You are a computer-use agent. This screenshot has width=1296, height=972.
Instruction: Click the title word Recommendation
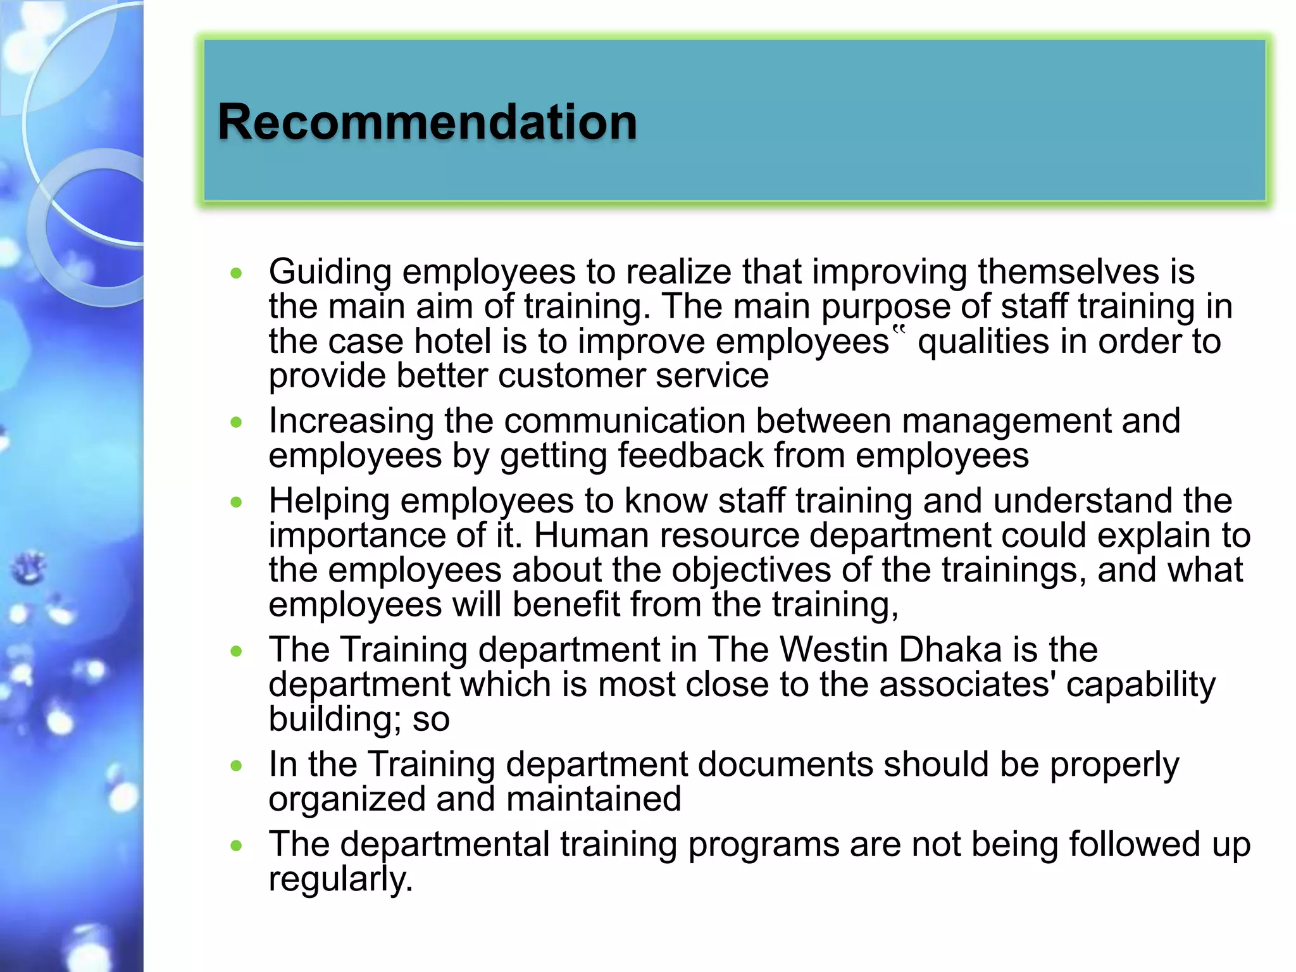coord(427,121)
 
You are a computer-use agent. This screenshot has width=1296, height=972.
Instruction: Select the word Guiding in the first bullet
coord(330,272)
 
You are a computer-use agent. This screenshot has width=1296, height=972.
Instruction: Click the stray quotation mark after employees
coord(899,330)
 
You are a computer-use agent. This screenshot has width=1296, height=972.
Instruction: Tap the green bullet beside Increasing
coord(237,422)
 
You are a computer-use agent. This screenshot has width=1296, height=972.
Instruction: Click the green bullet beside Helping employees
coord(237,502)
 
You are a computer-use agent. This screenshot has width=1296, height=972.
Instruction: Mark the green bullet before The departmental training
coord(237,845)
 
